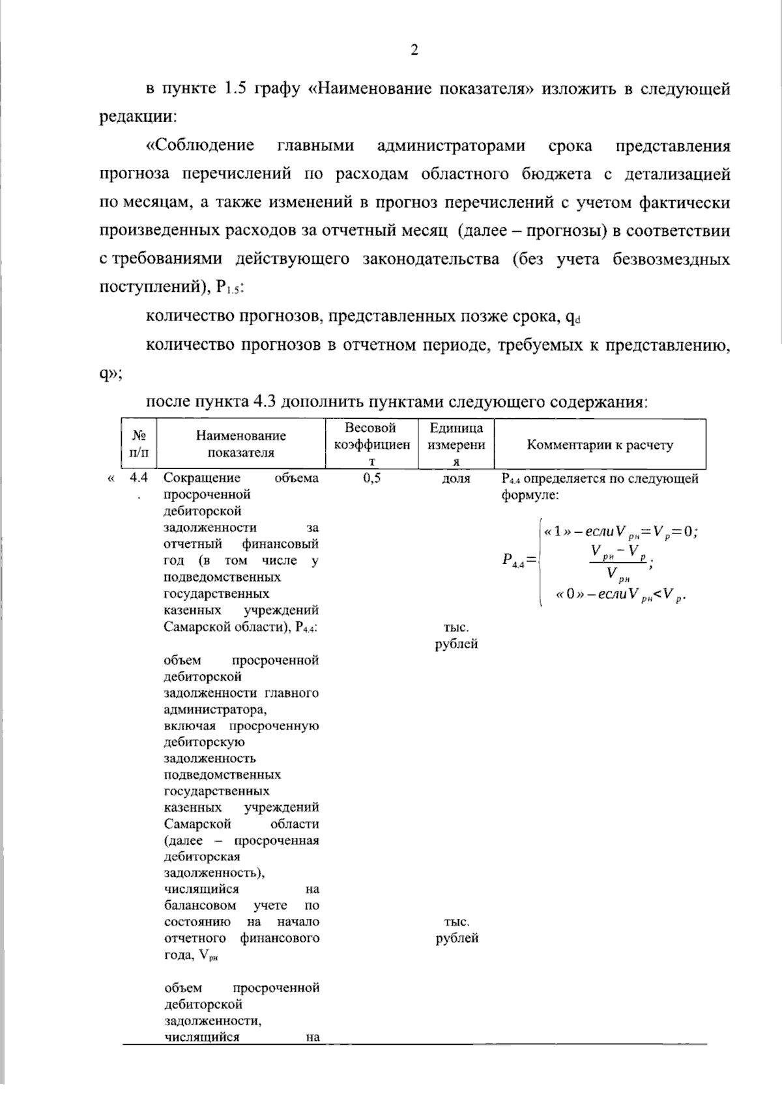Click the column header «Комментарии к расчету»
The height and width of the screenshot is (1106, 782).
pos(600,446)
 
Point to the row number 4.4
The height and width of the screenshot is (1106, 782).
pos(139,479)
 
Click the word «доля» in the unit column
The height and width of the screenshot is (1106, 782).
pos(456,479)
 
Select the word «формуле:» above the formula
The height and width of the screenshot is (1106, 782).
pos(530,496)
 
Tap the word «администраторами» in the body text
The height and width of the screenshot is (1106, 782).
pos(451,146)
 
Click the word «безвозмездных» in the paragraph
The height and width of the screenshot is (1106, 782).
pos(671,260)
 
